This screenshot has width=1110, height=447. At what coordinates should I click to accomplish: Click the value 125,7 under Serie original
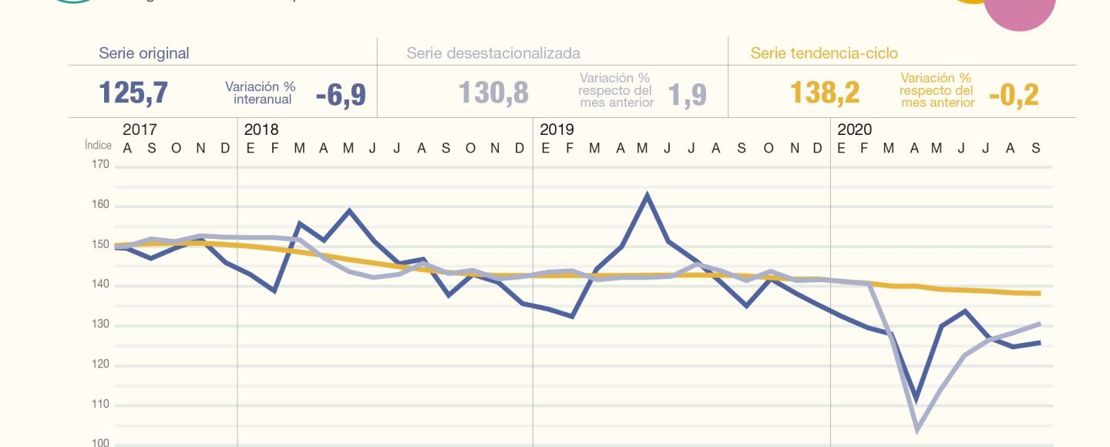(x=133, y=93)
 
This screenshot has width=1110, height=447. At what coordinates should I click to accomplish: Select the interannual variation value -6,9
(x=341, y=95)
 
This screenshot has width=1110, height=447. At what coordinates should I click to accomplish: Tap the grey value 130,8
(x=493, y=93)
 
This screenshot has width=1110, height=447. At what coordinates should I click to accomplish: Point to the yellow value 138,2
(x=824, y=93)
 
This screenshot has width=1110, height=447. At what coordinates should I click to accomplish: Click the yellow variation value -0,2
(x=1014, y=95)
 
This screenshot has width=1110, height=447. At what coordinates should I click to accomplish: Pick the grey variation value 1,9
(x=687, y=95)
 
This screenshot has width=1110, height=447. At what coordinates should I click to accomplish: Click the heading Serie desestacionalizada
(x=493, y=53)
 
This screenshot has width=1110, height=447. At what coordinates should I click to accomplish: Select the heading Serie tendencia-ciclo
(x=824, y=53)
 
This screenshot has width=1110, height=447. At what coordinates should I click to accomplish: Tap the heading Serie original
(x=144, y=53)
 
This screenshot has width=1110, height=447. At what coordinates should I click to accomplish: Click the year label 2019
(x=557, y=129)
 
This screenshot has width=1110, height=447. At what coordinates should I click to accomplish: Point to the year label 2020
(x=855, y=129)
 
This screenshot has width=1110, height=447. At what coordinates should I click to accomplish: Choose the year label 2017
(x=140, y=129)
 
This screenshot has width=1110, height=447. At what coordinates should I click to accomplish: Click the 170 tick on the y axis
(x=100, y=164)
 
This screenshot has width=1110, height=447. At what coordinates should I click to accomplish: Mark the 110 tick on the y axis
(x=100, y=405)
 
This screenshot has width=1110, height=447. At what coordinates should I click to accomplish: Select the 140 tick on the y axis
(x=100, y=285)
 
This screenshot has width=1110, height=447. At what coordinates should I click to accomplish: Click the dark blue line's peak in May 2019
(x=647, y=194)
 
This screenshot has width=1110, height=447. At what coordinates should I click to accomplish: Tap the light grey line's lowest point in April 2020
(x=917, y=429)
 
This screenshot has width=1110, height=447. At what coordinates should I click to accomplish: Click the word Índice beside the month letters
(x=98, y=146)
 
